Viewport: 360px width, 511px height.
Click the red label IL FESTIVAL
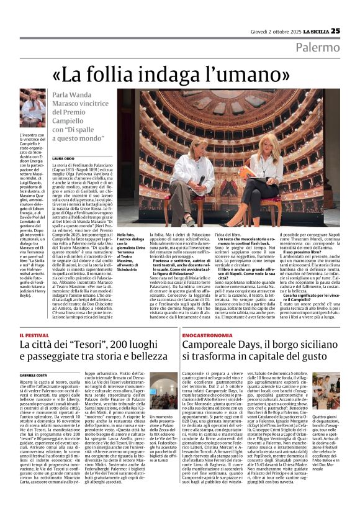(34, 335)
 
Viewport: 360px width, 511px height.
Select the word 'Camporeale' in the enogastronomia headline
(213, 345)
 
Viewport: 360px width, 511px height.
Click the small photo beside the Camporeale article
(163, 391)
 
